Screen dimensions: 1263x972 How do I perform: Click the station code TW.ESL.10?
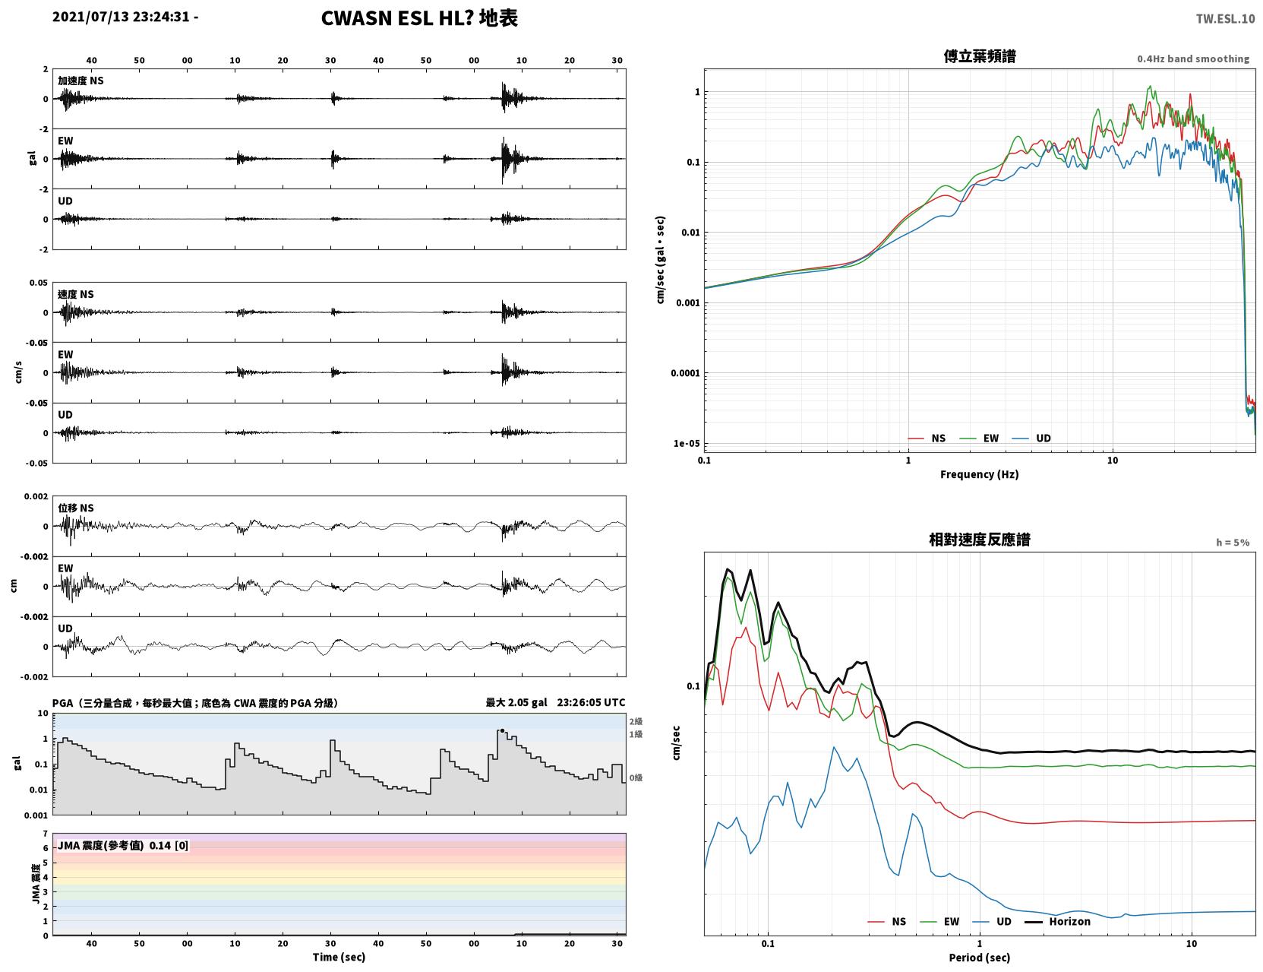click(1224, 18)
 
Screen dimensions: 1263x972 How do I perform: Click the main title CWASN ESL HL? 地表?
click(418, 18)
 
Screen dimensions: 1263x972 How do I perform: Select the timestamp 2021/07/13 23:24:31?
click(121, 16)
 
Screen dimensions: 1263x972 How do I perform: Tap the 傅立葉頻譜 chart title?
click(979, 55)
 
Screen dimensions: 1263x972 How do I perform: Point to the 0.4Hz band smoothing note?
click(1192, 59)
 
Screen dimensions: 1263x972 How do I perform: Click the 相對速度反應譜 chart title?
click(979, 540)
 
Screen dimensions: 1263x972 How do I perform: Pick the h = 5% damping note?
click(1232, 543)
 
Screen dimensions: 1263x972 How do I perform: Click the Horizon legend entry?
click(1057, 921)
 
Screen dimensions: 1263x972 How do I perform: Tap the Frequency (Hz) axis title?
click(979, 474)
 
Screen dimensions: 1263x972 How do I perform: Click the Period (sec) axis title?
click(979, 958)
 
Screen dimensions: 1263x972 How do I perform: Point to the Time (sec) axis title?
click(339, 957)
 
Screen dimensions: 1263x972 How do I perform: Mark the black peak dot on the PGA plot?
click(502, 731)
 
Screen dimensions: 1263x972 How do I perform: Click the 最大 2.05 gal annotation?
click(516, 702)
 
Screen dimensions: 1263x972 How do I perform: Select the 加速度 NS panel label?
click(81, 81)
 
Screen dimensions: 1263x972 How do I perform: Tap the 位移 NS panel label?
click(75, 508)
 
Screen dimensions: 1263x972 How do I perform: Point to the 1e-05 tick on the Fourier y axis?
click(687, 444)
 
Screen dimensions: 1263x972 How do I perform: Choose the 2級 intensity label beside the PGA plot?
click(636, 721)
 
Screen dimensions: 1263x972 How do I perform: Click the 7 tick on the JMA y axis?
click(46, 834)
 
